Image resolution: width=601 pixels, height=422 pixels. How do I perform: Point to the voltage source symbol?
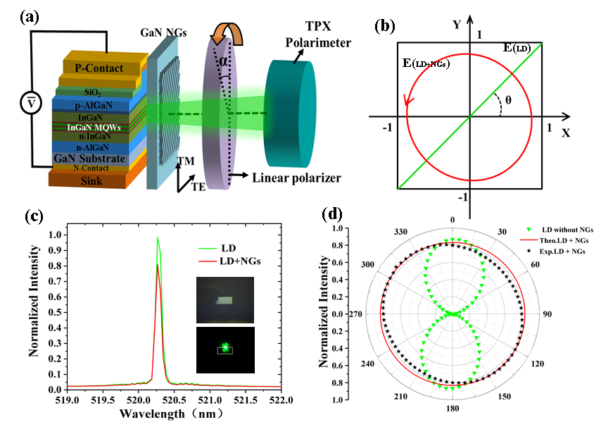click(30, 103)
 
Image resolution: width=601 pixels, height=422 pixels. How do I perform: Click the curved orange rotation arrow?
click(228, 38)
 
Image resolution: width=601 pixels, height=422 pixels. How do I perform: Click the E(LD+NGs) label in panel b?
click(425, 64)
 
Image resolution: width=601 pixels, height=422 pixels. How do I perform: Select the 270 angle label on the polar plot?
click(363, 314)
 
